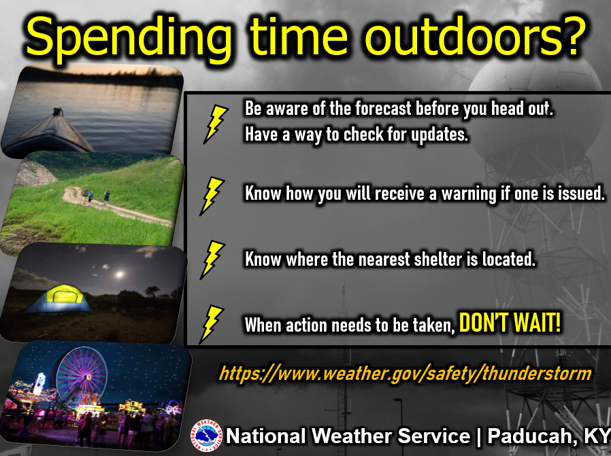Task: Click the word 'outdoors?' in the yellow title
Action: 475,36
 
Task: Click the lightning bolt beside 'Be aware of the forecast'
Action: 216,124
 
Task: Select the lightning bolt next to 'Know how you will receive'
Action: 212,196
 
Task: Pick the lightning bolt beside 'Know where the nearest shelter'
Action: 212,260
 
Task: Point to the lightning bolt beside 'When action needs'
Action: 212,324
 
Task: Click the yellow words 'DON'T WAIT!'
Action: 510,323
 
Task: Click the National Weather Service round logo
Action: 206,436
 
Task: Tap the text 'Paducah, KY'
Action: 549,436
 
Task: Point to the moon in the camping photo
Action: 120,275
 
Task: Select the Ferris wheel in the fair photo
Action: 82,376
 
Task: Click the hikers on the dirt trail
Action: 96,196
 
